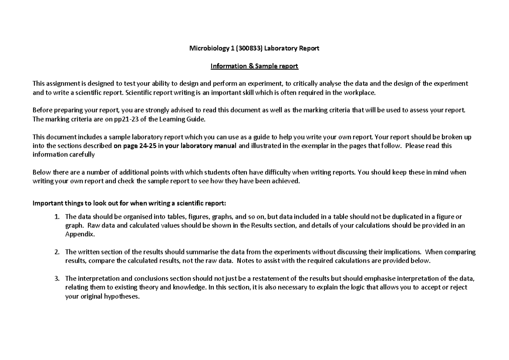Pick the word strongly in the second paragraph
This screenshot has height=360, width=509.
[155, 110]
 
